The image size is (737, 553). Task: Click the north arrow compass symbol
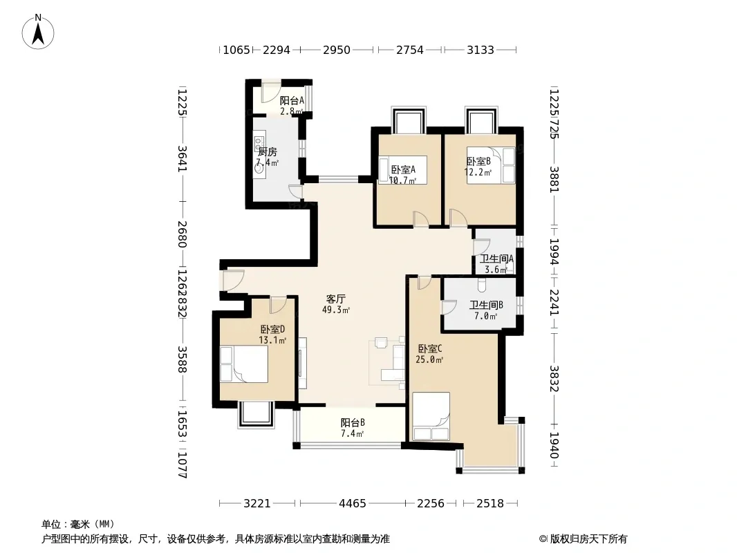click(x=38, y=32)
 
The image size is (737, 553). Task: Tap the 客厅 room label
click(x=336, y=299)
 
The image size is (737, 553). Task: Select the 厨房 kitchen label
click(x=268, y=152)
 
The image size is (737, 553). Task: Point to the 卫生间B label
click(x=486, y=306)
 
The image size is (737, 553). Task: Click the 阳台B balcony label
click(x=353, y=422)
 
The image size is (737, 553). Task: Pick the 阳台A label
click(x=292, y=100)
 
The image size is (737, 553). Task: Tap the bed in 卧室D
click(x=244, y=364)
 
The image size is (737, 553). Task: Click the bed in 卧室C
click(x=431, y=416)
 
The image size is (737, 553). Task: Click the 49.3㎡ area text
click(x=336, y=310)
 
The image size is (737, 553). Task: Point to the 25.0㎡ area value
click(x=429, y=360)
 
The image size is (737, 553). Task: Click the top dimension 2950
click(x=337, y=50)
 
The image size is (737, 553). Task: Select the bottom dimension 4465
click(x=353, y=504)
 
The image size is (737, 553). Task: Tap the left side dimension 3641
click(x=183, y=159)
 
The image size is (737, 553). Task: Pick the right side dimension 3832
click(x=554, y=379)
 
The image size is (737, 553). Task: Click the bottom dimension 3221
click(x=257, y=504)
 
